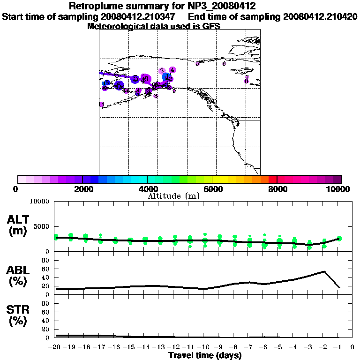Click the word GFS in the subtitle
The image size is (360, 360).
(x=211, y=26)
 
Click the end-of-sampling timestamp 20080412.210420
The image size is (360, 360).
(x=321, y=16)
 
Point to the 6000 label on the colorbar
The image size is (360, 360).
(x=212, y=189)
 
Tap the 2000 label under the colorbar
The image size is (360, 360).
(x=82, y=189)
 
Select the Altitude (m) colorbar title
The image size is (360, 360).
(x=174, y=196)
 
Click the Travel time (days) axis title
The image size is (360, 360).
(x=205, y=356)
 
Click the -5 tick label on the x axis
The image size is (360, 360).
(x=279, y=347)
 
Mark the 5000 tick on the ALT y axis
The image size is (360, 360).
(x=42, y=226)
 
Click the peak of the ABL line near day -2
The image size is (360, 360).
(x=324, y=271)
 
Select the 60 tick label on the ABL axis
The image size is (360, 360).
(x=46, y=269)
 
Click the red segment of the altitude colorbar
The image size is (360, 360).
(x=272, y=179)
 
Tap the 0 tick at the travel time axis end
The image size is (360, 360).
(x=352, y=347)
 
